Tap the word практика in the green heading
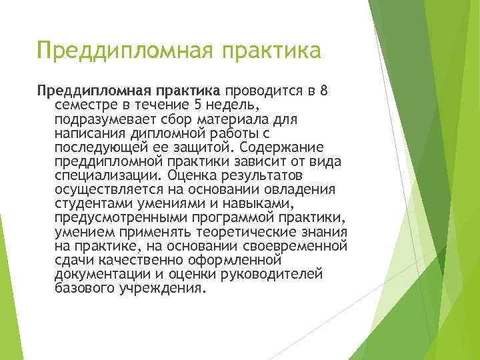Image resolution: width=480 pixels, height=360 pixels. (x=273, y=51)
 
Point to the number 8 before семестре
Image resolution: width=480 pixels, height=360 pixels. (x=324, y=91)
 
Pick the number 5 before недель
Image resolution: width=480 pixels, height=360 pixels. (x=198, y=105)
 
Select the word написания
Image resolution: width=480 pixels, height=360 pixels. (x=87, y=133)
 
